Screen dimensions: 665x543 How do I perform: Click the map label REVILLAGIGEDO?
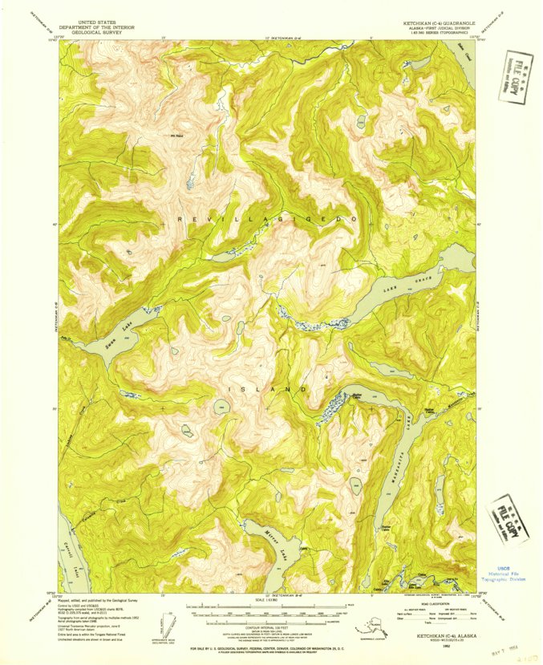click(265, 219)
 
